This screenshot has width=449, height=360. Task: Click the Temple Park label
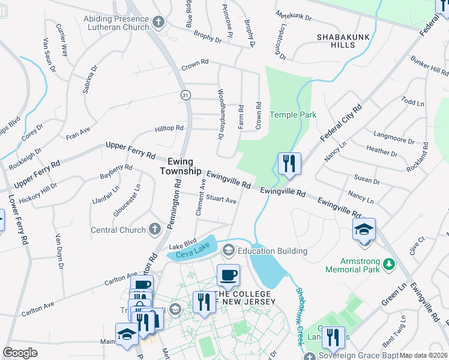(x=293, y=115)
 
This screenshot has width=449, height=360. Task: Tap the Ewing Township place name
(x=180, y=166)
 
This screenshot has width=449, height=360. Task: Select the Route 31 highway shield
(x=185, y=95)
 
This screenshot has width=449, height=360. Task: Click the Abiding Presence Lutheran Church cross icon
(x=158, y=23)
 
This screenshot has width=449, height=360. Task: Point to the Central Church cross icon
(x=155, y=229)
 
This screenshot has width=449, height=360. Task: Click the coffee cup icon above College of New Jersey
(x=228, y=275)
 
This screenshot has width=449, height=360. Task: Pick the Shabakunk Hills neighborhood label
(x=340, y=41)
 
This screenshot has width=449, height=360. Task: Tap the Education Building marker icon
(x=228, y=250)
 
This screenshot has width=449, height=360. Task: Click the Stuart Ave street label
(x=221, y=200)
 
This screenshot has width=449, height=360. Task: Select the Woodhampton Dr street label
(x=221, y=114)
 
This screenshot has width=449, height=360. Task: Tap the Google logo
(x=20, y=353)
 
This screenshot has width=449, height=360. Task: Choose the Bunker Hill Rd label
(x=429, y=67)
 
